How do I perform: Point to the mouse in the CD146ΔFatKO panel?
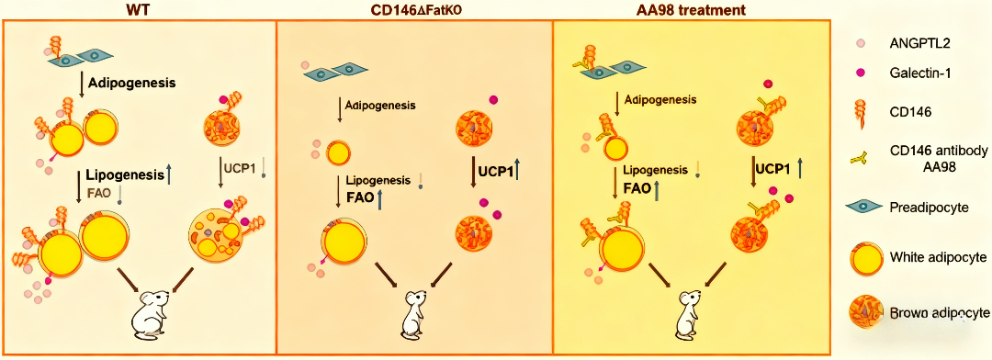click(x=414, y=312)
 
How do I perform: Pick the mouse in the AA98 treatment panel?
click(x=690, y=312)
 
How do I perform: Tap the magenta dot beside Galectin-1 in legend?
click(x=861, y=74)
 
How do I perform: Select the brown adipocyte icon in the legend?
click(x=862, y=311)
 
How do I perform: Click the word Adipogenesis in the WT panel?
click(x=131, y=83)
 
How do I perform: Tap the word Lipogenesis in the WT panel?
click(x=121, y=176)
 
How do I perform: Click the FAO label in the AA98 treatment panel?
click(x=638, y=188)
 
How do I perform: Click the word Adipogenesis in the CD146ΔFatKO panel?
click(x=385, y=105)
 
